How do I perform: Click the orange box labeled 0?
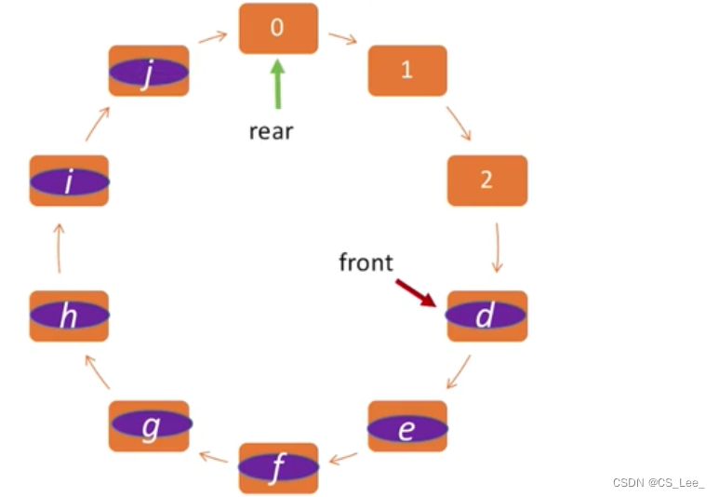point(278,28)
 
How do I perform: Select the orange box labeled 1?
point(407,71)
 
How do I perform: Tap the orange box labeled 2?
point(487,180)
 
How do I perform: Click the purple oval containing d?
point(486,316)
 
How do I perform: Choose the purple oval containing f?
point(278,468)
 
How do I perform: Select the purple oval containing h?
point(70,316)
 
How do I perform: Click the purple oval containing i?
point(70,182)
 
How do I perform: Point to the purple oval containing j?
point(149,72)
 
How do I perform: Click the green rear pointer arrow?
point(277,83)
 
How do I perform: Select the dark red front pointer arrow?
point(416,292)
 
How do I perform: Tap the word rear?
point(271,130)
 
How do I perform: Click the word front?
point(366,262)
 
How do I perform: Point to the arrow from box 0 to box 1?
point(343,39)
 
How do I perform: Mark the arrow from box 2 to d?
point(497,247)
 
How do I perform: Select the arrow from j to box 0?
point(213,37)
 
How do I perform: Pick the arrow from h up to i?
point(59,248)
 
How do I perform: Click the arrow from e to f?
point(343,457)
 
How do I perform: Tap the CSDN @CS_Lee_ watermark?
point(659,482)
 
